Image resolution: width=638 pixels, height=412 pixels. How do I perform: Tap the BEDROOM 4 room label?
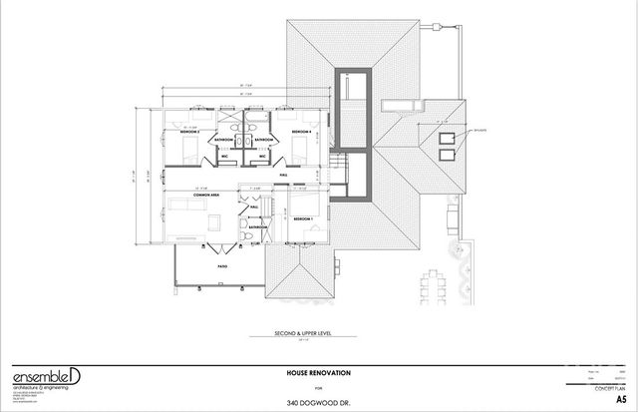tap(302, 132)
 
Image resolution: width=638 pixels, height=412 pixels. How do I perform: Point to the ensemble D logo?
tap(40, 377)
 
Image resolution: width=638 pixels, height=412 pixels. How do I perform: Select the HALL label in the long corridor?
tap(296, 172)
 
